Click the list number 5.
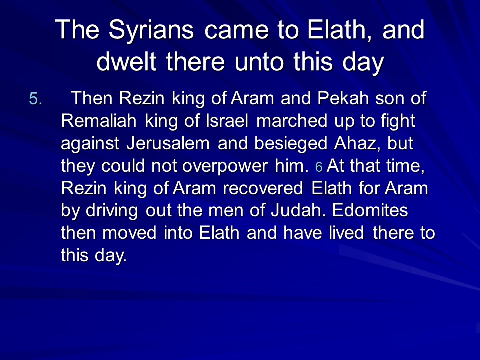pyautogui.click(x=35, y=99)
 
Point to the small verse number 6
pyautogui.click(x=319, y=167)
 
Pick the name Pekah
pyautogui.click(x=343, y=98)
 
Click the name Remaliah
pyautogui.click(x=99, y=120)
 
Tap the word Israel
pyautogui.click(x=227, y=120)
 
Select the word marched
pyautogui.click(x=292, y=120)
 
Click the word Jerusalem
pyautogui.click(x=168, y=143)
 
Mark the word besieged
pyautogui.click(x=291, y=144)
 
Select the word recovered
pyautogui.click(x=263, y=188)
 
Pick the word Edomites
pyautogui.click(x=370, y=210)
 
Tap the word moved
pyautogui.click(x=129, y=233)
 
